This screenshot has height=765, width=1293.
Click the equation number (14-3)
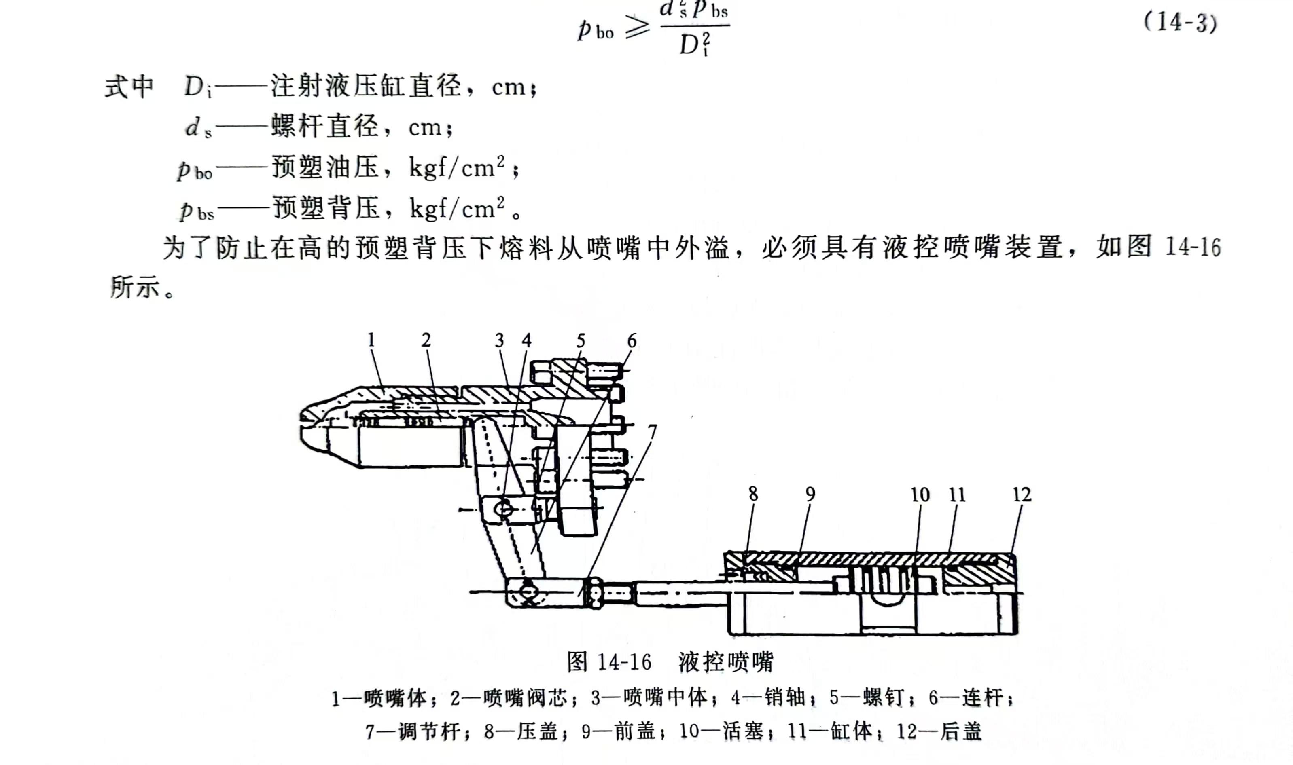1180,22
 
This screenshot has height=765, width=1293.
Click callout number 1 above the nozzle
371,340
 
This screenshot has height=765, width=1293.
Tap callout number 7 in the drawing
653,431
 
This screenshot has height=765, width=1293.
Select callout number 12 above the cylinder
1022,495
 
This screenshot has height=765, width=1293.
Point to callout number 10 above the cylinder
920,495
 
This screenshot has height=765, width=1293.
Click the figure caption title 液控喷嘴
726,662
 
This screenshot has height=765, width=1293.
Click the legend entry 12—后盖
939,731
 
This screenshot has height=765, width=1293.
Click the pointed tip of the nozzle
302,421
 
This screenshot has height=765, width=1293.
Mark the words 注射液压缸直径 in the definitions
366,86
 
